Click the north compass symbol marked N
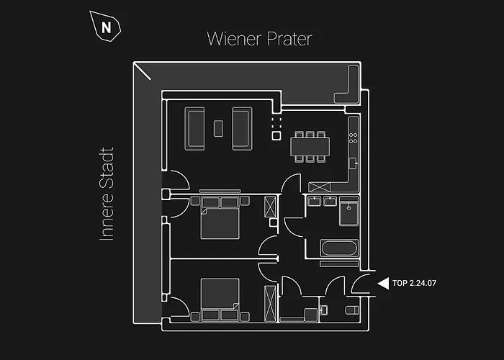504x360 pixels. (105, 27)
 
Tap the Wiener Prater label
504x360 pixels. (259, 39)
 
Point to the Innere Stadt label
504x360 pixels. (107, 194)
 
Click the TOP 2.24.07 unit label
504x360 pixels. (414, 283)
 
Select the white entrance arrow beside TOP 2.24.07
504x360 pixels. (384, 284)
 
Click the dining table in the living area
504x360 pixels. (310, 147)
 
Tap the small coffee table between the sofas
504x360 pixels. (219, 129)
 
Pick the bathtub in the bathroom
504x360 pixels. (339, 248)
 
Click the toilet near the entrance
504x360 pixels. (351, 310)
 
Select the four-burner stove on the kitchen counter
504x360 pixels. (354, 138)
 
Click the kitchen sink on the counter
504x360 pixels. (354, 163)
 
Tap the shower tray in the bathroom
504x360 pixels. (348, 212)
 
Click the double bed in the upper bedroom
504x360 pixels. (220, 218)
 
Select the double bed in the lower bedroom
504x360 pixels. (220, 300)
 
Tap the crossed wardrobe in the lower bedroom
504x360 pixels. (270, 304)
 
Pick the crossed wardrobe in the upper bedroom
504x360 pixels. (270, 207)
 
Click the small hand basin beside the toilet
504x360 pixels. (324, 310)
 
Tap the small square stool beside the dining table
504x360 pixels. (276, 136)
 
